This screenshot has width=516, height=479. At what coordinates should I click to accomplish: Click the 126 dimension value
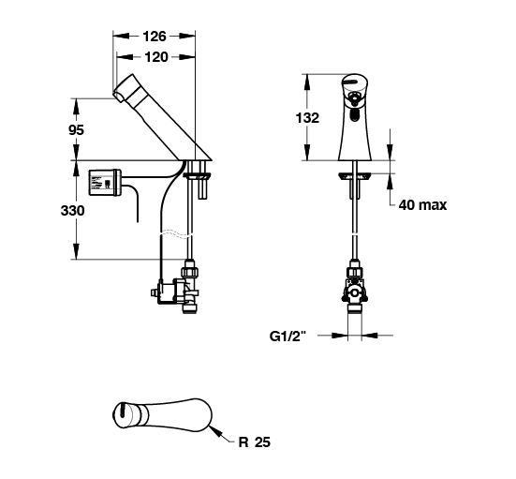155,37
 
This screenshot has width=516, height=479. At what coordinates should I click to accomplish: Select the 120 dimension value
156,57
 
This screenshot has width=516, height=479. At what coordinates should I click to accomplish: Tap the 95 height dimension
76,130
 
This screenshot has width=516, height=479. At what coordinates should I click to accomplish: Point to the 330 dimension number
72,211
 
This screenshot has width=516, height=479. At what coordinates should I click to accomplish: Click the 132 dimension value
307,117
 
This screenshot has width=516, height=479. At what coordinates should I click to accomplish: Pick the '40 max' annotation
423,205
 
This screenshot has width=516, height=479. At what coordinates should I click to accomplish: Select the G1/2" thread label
287,336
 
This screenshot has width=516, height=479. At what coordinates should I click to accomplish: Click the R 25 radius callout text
254,442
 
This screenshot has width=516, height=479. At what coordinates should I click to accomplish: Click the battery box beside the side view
105,182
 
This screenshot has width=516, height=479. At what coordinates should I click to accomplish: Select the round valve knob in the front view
354,292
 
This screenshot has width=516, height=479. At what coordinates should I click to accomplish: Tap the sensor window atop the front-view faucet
351,82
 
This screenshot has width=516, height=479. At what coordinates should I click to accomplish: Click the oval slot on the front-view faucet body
354,115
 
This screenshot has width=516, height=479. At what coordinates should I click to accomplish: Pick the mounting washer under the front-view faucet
354,176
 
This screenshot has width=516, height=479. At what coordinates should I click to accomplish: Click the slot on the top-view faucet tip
123,411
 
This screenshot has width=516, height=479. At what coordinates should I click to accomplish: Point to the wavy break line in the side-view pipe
176,232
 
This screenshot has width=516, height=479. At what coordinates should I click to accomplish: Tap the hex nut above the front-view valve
354,273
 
